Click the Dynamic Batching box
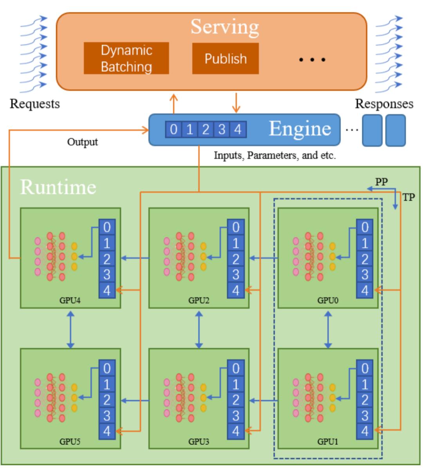tap(126, 58)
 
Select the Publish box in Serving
tap(225, 58)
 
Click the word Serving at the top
tap(224, 27)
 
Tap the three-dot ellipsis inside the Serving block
tap(312, 60)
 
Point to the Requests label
tap(34, 104)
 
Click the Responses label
tap(384, 104)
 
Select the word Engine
tap(300, 129)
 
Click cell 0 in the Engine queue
tap(174, 129)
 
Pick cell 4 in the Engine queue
tap(238, 129)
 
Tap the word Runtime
tap(58, 187)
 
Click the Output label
tap(82, 142)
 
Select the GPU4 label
tap(70, 301)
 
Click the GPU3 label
tap(199, 442)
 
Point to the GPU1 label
tap(327, 442)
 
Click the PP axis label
tap(381, 182)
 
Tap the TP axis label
tap(409, 197)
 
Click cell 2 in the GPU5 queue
tap(107, 400)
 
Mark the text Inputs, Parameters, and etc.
tap(275, 155)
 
